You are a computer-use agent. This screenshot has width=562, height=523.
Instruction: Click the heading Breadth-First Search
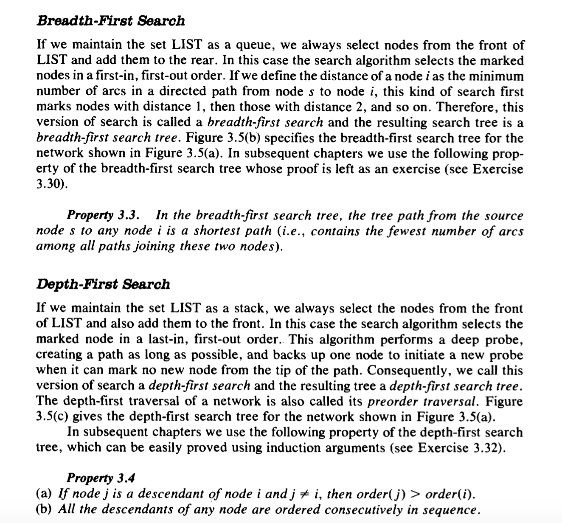[x=110, y=20]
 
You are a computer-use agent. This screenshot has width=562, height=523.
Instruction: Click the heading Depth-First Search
[x=103, y=284]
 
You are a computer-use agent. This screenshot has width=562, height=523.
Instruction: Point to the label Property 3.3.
[x=103, y=215]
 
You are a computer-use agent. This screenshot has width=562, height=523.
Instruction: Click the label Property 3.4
[x=101, y=478]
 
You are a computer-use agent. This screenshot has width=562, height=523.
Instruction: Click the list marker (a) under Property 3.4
[x=44, y=494]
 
